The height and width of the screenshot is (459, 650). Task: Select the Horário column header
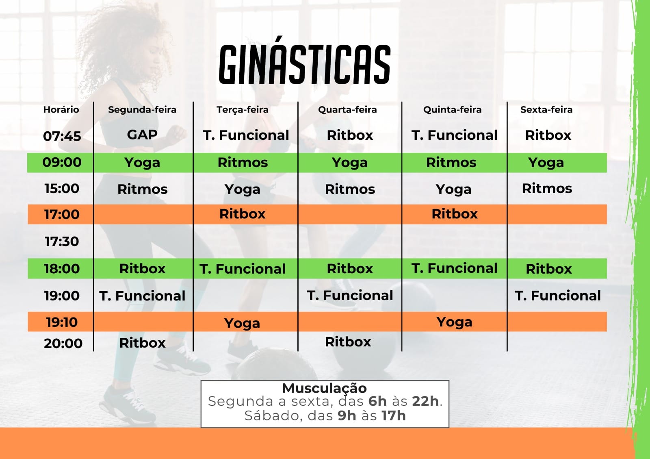[61, 110]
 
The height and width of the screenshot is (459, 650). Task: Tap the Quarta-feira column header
[347, 110]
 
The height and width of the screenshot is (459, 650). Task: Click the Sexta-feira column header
[546, 110]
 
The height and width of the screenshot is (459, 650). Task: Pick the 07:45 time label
[62, 136]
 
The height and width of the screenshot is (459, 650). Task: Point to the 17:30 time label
[62, 241]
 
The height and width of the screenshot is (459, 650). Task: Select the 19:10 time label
[62, 322]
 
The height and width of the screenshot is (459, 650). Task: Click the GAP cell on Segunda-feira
[142, 135]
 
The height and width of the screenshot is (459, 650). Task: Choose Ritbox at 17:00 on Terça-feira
[242, 214]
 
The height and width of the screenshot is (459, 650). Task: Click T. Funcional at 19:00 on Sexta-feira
[558, 296]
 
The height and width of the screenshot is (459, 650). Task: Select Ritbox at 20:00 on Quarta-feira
[348, 342]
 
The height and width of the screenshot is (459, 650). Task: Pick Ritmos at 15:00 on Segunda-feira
[143, 189]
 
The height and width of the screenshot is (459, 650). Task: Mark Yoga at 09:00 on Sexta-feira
[546, 163]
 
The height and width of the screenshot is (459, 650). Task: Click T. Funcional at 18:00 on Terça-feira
[242, 269]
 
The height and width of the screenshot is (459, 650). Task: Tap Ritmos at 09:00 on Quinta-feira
[451, 163]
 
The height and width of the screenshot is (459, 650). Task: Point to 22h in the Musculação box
[425, 401]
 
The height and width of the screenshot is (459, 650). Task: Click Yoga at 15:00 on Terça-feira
[242, 190]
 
